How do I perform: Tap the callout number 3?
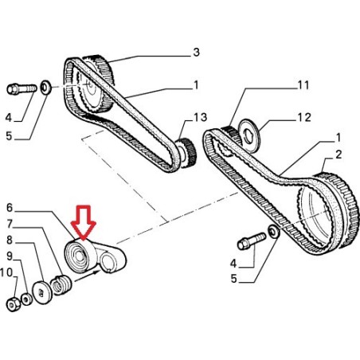click(x=196, y=53)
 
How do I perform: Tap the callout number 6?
click(x=10, y=208)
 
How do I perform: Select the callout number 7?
click(x=10, y=224)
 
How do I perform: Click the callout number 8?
click(x=10, y=239)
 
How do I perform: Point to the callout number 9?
click(x=10, y=256)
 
